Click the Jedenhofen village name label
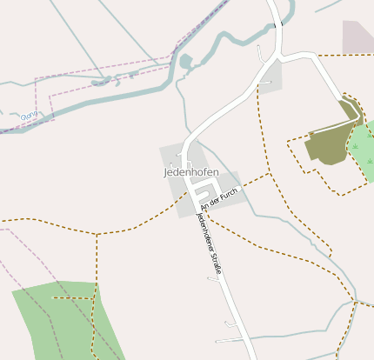(x=191, y=172)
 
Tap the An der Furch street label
(x=218, y=201)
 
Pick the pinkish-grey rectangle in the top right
(x=357, y=37)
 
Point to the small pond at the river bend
(x=185, y=61)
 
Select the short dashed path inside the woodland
(x=71, y=298)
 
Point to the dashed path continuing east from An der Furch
(x=252, y=182)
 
